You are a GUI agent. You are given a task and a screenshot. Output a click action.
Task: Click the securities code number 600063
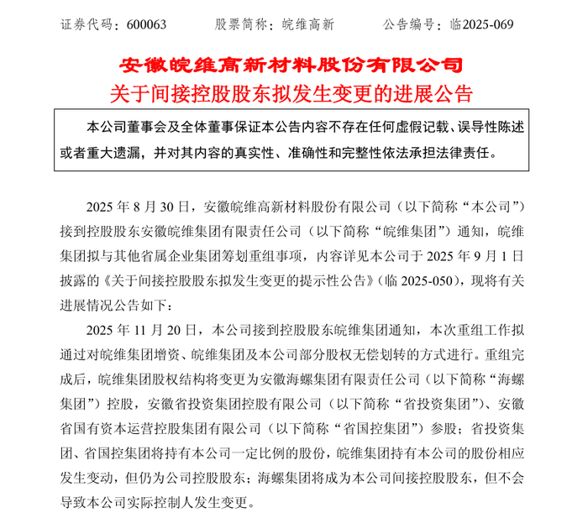pyautogui.click(x=148, y=24)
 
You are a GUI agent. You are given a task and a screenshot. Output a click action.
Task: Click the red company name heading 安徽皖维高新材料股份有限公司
pyautogui.click(x=293, y=65)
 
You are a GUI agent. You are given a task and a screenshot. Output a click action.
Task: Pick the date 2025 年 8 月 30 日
pyautogui.click(x=139, y=206)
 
